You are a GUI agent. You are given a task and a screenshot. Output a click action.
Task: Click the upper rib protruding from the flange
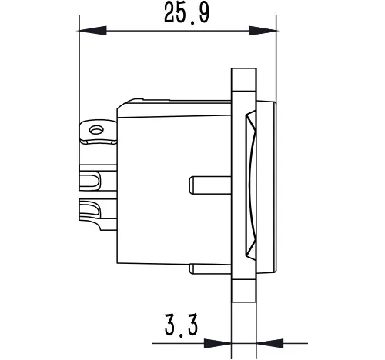click(210, 184)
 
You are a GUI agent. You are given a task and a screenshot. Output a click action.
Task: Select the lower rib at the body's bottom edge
click(210, 268)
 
